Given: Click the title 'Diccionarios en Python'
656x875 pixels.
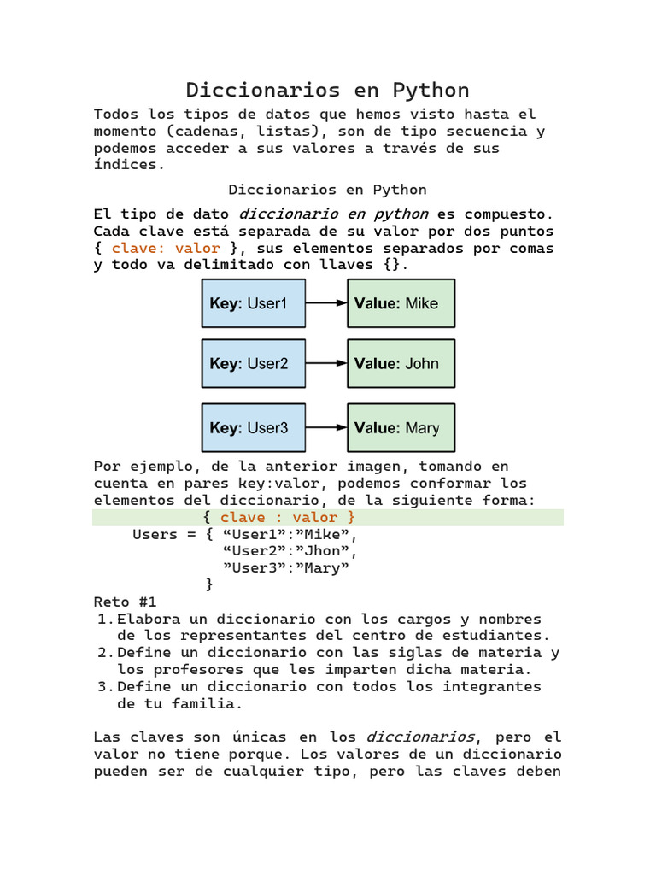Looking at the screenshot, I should (x=328, y=90).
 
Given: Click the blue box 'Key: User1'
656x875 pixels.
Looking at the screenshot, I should (x=253, y=303).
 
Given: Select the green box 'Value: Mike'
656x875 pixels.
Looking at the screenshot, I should (x=401, y=303).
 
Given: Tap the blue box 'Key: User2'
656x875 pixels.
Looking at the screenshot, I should (x=253, y=363).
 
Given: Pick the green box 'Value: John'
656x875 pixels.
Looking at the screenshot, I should (x=401, y=363).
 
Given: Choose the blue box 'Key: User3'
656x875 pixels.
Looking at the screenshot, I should (x=253, y=427).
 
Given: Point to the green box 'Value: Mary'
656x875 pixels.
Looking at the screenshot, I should (x=401, y=427).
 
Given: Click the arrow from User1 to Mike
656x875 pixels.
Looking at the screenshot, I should (x=325, y=303).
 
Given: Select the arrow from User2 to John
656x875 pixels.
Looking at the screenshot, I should (x=325, y=363).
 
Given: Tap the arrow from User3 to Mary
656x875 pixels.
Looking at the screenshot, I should (x=325, y=427).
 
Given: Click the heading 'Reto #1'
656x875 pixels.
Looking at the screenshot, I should (x=125, y=602).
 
